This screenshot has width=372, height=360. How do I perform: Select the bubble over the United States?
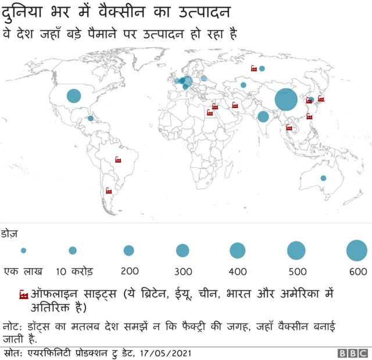coord(74,96)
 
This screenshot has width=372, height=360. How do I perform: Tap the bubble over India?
coord(263,117)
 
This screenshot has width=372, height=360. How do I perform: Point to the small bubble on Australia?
coord(323,178)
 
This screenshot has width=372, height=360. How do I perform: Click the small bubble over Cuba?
coord(91,118)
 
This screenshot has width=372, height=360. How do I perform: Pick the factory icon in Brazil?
coord(119,160)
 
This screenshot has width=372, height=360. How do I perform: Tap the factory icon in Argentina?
coord(108,190)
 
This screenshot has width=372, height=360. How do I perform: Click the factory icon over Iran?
coord(235,105)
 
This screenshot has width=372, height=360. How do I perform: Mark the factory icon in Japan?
coord(321,99)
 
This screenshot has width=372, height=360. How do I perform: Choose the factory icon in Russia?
coord(253,69)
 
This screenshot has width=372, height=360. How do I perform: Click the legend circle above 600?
coord(357,251)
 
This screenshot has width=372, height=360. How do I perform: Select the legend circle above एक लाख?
coord(23,251)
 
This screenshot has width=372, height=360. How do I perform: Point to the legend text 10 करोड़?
coord(74,271)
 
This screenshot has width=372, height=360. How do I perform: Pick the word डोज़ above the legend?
coord(10,234)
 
